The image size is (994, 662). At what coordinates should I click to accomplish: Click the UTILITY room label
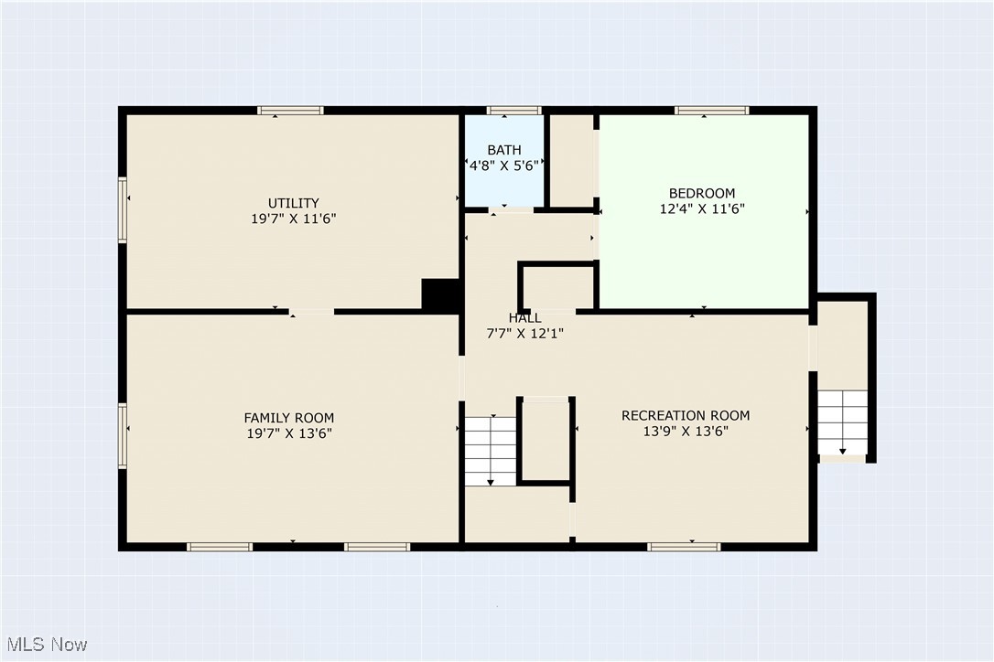[x=293, y=203]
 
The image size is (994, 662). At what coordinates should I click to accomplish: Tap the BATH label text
[x=504, y=150]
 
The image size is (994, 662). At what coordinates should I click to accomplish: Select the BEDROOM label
[x=702, y=193]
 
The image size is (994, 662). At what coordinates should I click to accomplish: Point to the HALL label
[x=524, y=318]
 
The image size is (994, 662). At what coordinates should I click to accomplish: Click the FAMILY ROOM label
[x=288, y=418]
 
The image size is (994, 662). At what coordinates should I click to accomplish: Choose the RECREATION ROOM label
[x=686, y=415]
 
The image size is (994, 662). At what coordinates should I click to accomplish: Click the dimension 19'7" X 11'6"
[x=293, y=219]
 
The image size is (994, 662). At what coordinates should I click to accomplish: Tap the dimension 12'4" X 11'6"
[x=702, y=208]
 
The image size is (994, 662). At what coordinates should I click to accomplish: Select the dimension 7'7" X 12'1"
[x=524, y=334]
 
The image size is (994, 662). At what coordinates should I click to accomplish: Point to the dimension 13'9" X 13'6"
[x=686, y=431]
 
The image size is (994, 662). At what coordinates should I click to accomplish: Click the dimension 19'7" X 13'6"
[x=288, y=433]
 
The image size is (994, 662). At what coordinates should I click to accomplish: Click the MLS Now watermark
[x=45, y=645]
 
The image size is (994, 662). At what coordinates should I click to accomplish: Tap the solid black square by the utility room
[x=440, y=295]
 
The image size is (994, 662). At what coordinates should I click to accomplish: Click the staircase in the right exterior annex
[x=842, y=422]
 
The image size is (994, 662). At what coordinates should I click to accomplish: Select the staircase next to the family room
[x=491, y=451]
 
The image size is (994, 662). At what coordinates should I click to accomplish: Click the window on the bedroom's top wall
[x=711, y=111]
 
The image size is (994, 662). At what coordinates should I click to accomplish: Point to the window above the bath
[x=513, y=111]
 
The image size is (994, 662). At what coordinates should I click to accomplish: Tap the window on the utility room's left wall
[x=123, y=209]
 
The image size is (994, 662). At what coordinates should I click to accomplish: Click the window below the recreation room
[x=683, y=547]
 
